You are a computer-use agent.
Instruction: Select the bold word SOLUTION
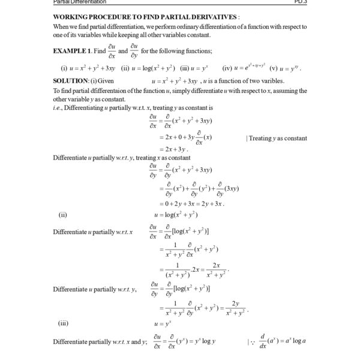pyautogui.click(x=70, y=80)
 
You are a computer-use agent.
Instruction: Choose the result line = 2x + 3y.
pyautogui.click(x=174, y=149)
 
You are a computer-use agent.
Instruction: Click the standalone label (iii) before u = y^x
pyautogui.click(x=64, y=322)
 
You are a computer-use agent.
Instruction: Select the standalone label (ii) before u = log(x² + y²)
pyautogui.click(x=62, y=214)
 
